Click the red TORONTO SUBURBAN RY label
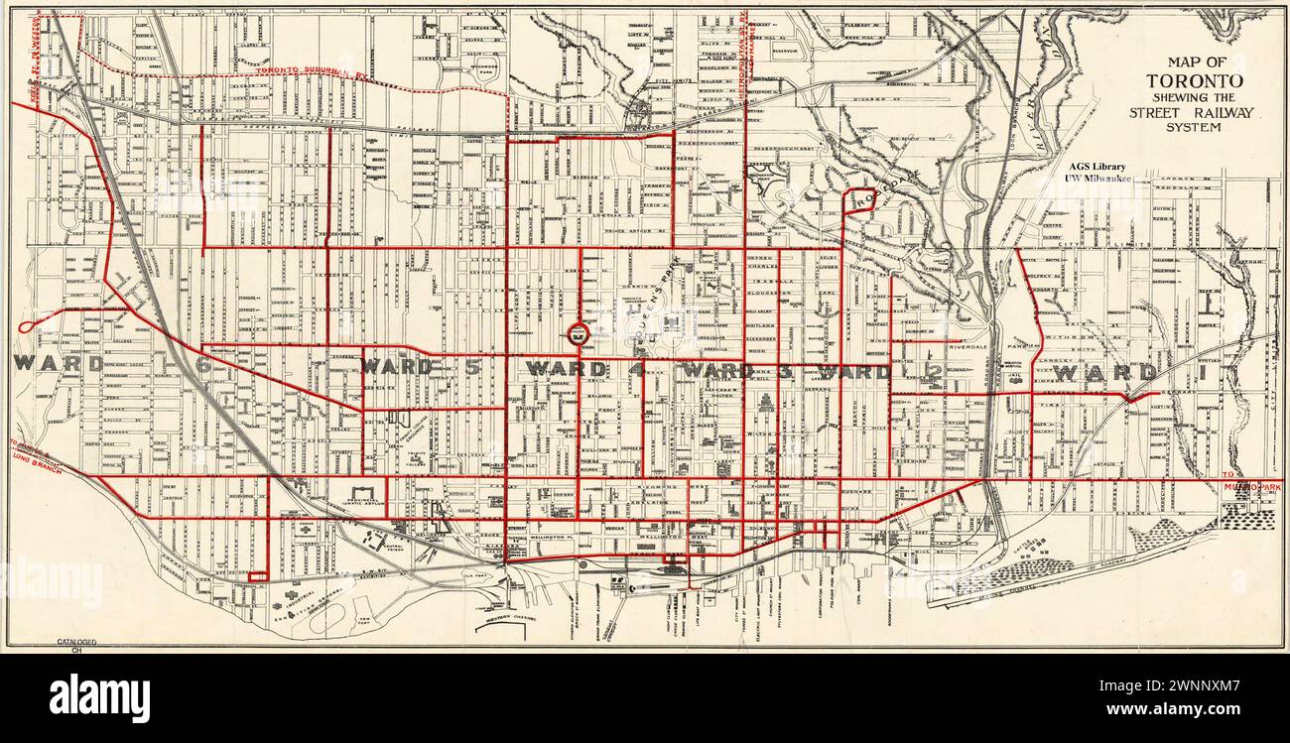pos(309,71)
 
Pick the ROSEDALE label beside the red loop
pos(889,187)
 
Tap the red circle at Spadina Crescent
pos(576,334)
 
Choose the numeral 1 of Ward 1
pos(1149,373)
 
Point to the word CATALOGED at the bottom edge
pos(75,643)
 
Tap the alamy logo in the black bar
pos(99,697)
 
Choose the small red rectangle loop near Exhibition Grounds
pos(258,575)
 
